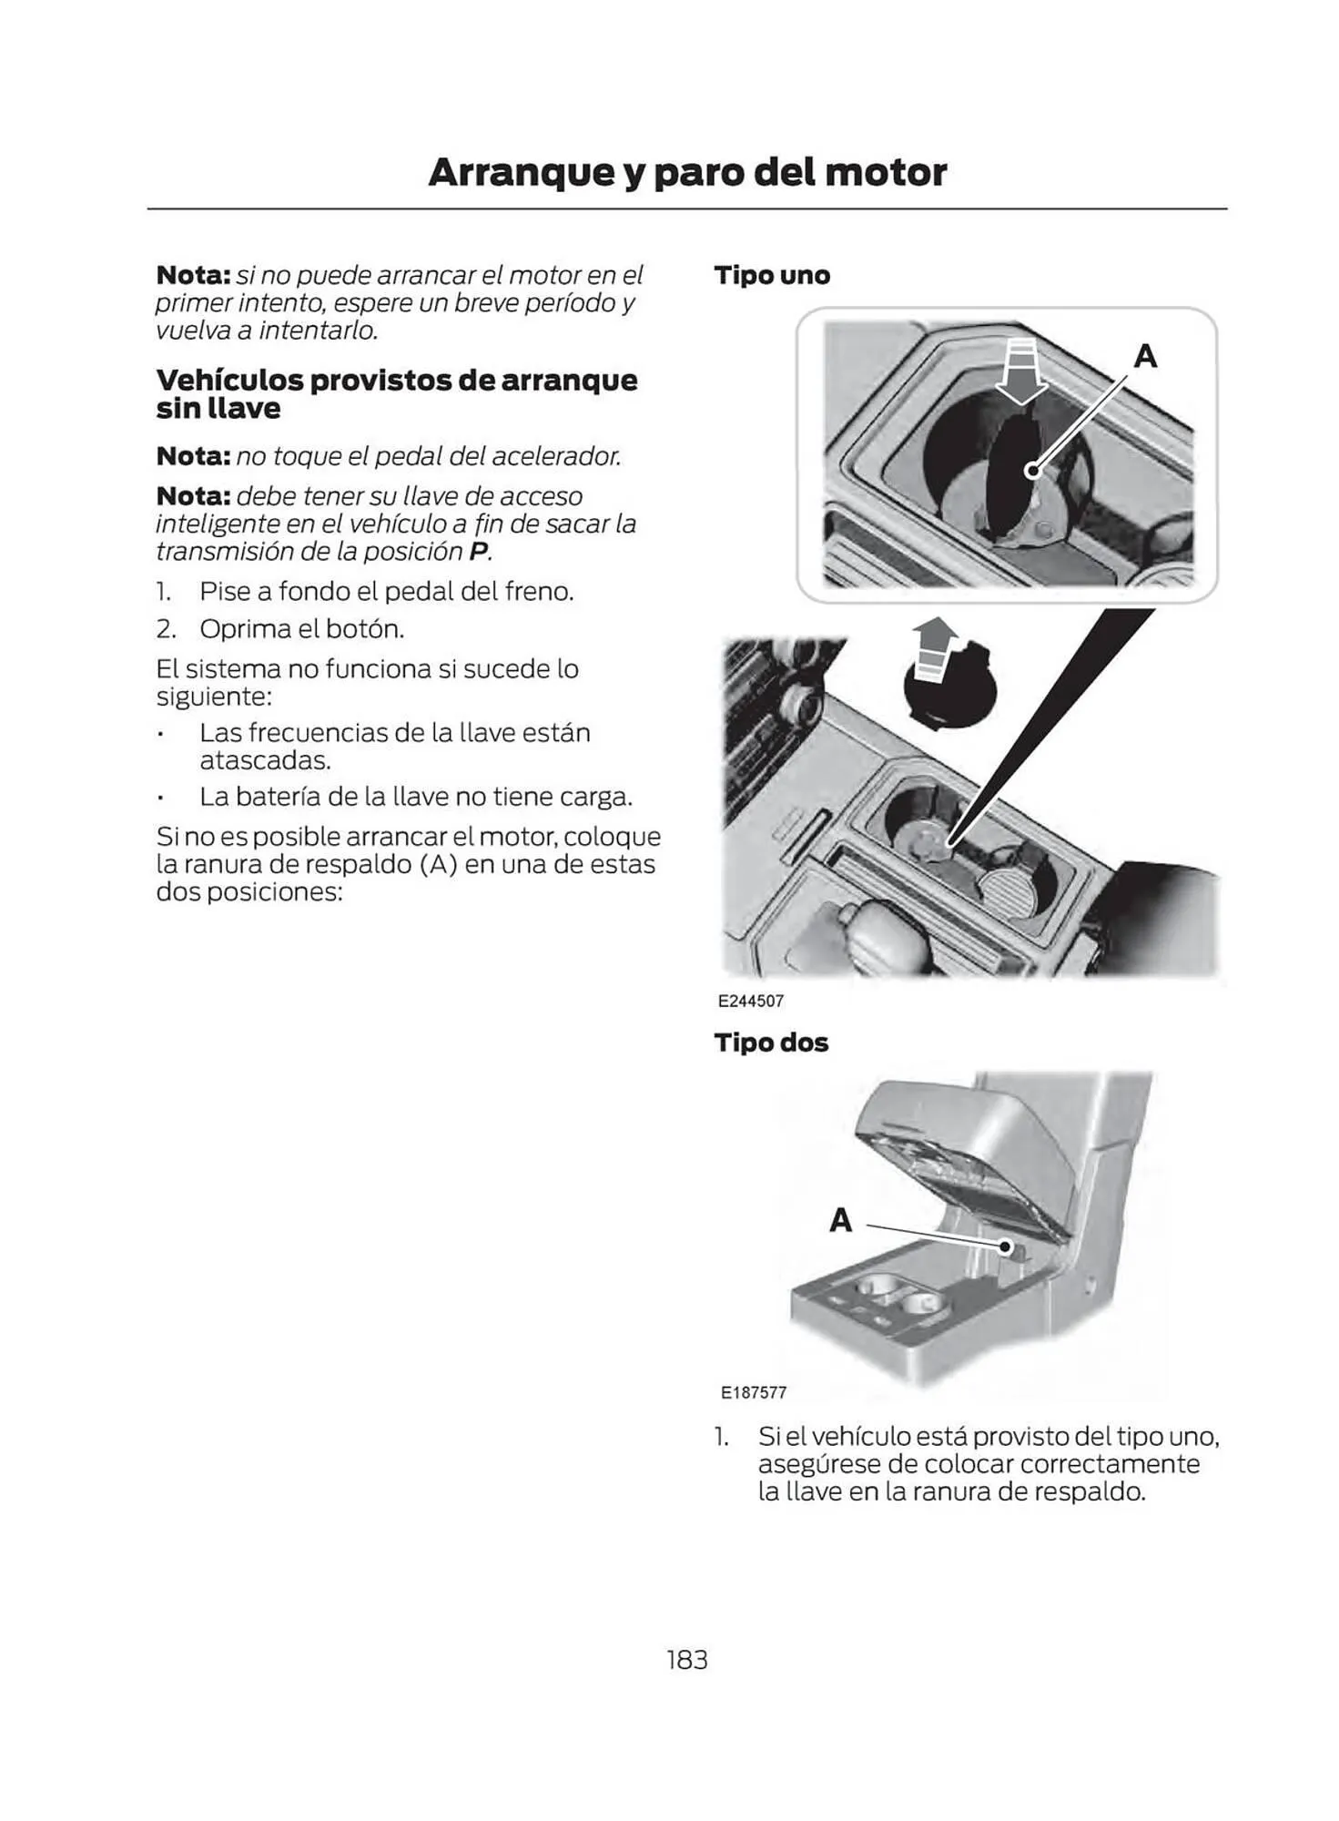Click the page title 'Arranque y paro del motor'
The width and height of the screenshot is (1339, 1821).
[x=687, y=172]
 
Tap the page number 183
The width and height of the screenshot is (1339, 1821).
[x=686, y=1660]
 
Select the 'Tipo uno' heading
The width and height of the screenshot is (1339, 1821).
[x=772, y=275]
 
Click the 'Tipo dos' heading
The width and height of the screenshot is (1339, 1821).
[x=771, y=1043]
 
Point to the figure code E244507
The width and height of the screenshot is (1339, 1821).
[x=751, y=1001]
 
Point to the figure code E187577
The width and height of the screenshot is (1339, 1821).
[x=753, y=1392]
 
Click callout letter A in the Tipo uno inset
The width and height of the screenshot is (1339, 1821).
[x=1145, y=356]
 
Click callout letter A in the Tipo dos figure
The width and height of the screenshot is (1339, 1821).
[x=840, y=1220]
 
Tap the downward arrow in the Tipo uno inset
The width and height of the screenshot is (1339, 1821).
[x=1020, y=371]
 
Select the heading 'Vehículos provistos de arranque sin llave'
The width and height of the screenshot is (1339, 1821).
[x=396, y=393]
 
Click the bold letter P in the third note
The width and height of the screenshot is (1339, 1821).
[x=478, y=552]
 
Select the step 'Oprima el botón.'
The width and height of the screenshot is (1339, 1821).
[x=301, y=629]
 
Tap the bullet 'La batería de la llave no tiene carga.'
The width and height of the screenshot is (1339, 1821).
[x=415, y=797]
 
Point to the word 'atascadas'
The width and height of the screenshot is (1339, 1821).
[x=264, y=760]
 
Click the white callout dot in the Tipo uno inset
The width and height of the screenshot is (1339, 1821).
[x=1032, y=471]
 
